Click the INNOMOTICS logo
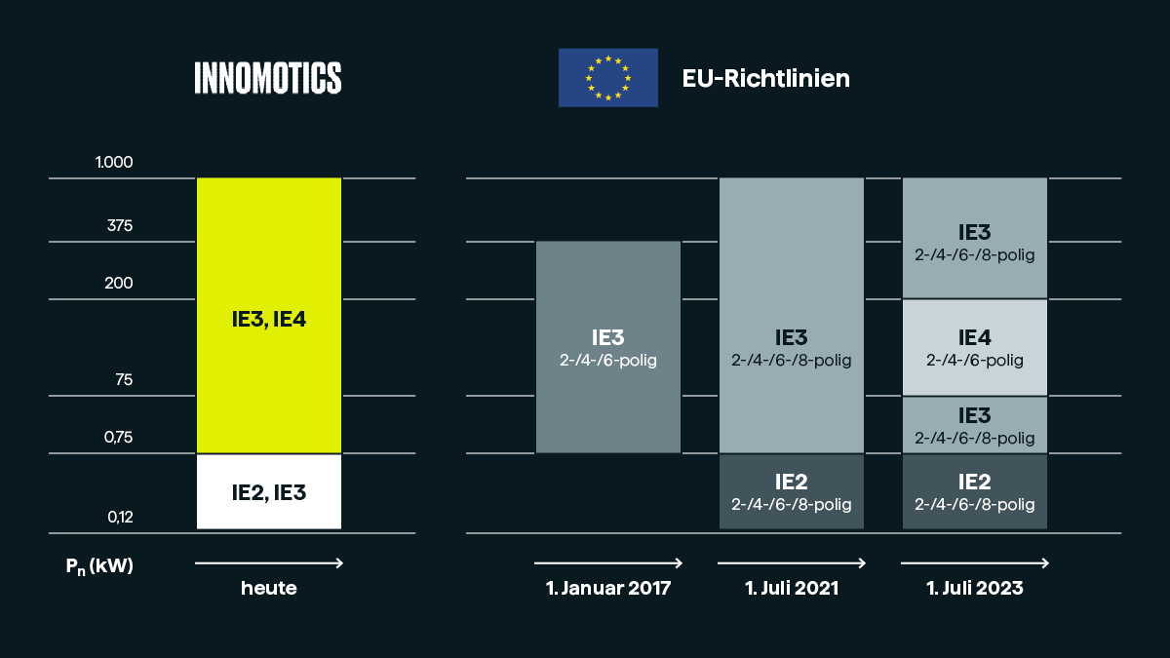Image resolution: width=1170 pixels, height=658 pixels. [x=268, y=78]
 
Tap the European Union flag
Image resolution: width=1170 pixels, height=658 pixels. [x=607, y=78]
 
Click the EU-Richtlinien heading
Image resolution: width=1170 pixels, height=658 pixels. [x=765, y=78]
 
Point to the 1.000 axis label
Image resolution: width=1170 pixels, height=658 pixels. [x=114, y=162]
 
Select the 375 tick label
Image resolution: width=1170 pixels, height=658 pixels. [x=120, y=226]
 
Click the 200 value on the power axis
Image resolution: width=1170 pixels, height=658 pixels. [x=119, y=284]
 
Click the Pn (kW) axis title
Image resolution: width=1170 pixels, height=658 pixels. [x=94, y=565]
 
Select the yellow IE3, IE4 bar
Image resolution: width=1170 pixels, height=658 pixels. [x=269, y=317]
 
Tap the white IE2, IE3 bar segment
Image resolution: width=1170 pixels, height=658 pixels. [x=269, y=492]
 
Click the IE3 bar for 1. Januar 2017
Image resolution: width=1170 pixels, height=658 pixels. [x=608, y=347]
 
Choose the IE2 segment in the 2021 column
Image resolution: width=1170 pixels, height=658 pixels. [x=792, y=492]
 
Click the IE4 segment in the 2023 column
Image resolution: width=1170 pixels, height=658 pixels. [x=975, y=347]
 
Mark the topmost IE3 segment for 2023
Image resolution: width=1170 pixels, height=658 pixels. [x=975, y=240]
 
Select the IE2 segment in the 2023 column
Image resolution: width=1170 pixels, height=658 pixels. [x=975, y=492]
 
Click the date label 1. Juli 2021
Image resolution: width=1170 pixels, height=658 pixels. [x=792, y=589]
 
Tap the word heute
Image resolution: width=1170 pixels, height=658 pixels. [x=269, y=589]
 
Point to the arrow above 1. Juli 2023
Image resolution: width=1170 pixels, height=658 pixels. [x=975, y=563]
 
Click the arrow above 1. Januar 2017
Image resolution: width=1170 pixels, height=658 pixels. [x=608, y=563]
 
